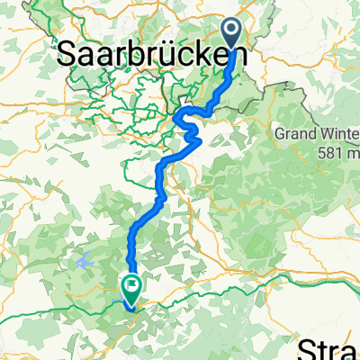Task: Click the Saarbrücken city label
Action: [x=144, y=56]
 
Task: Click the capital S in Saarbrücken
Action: [x=68, y=56]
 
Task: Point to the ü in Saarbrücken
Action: [x=176, y=56]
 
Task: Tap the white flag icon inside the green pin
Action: [x=131, y=288]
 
